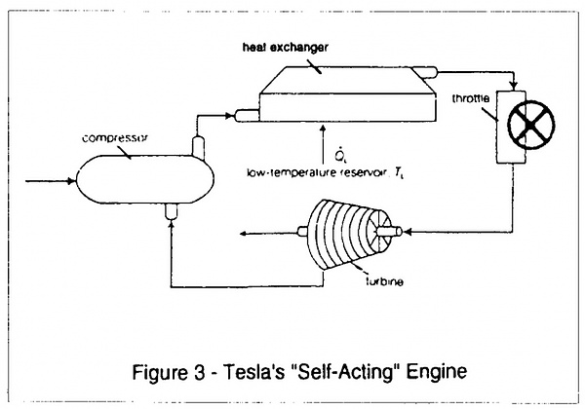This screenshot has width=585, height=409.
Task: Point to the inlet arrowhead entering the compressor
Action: click(x=71, y=180)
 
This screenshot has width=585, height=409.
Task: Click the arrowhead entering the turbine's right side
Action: click(x=409, y=231)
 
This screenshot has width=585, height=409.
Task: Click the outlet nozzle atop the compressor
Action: click(x=196, y=145)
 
